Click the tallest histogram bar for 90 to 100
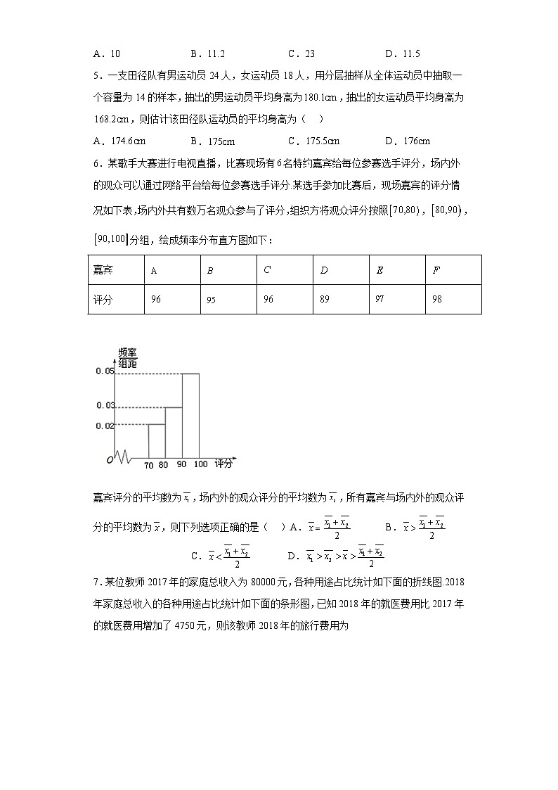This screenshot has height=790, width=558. coord(190,415)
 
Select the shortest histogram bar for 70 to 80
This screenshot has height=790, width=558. coord(157,440)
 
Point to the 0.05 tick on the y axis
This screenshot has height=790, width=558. coord(104,371)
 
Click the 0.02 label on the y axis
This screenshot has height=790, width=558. coord(104,425)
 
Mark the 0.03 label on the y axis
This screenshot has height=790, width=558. coord(104,406)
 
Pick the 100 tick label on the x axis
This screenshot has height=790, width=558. coord(200,465)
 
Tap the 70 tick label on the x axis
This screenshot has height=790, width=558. coord(148,465)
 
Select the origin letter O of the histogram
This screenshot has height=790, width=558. coord(110,460)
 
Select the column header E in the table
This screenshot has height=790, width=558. coord(379,270)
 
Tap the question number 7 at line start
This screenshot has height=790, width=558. coord(96,582)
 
